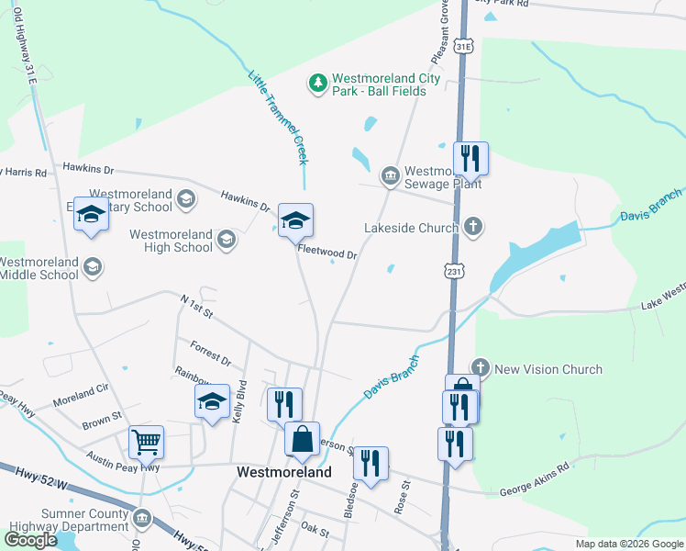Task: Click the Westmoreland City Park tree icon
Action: click(x=318, y=84)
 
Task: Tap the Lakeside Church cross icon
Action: click(x=473, y=226)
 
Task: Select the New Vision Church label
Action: click(x=548, y=369)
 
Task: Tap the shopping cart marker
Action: click(x=146, y=443)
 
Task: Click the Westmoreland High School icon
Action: click(x=226, y=241)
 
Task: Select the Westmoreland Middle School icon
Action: click(x=92, y=266)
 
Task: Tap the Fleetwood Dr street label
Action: click(x=326, y=249)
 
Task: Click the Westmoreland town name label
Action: click(x=284, y=472)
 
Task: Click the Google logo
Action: click(x=30, y=539)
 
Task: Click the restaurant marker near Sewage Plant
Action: click(x=470, y=158)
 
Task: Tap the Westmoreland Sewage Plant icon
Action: click(x=390, y=174)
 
